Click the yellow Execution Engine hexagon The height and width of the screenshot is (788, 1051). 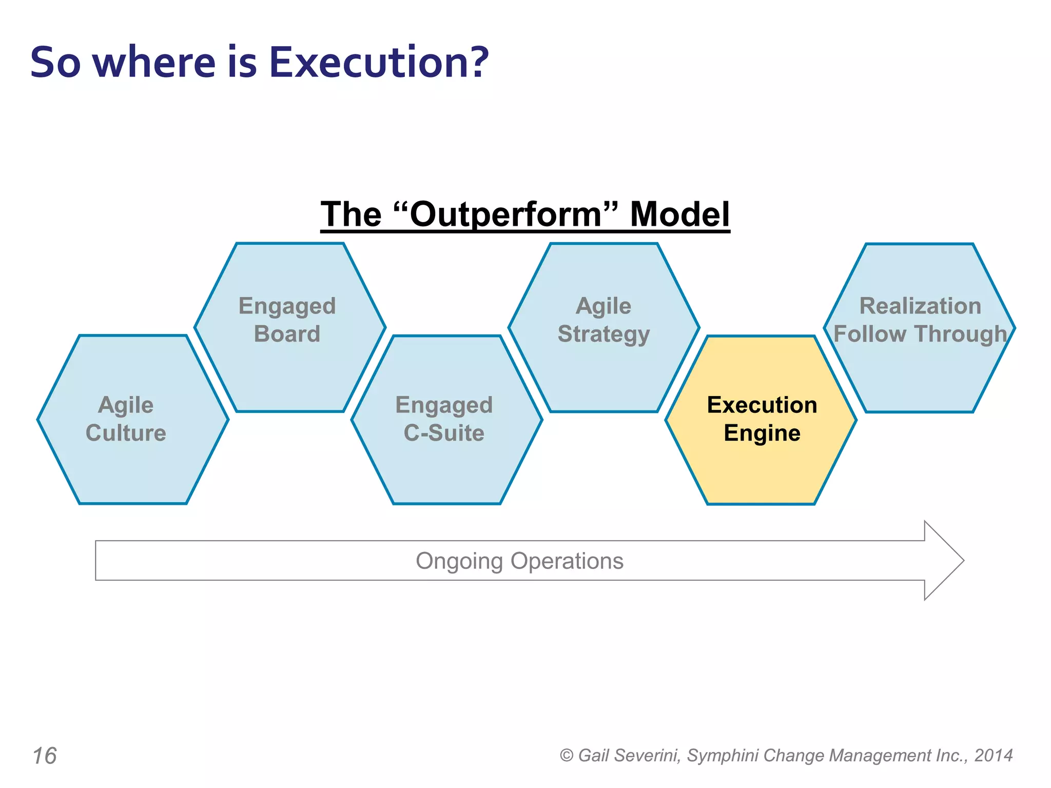(x=761, y=462)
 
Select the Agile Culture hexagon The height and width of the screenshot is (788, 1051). (x=132, y=462)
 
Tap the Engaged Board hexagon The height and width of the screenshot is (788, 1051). (x=290, y=369)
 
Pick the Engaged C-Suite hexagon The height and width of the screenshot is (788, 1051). (x=446, y=462)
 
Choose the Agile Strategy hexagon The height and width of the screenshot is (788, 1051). (x=604, y=369)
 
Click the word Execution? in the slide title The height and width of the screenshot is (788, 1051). (x=379, y=62)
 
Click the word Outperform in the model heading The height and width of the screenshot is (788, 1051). (x=505, y=214)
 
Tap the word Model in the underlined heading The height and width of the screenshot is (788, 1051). (x=679, y=214)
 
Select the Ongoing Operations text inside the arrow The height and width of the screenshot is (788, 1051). (x=519, y=561)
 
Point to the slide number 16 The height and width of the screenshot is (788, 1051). (x=45, y=756)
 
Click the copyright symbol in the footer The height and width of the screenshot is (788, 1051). (x=566, y=756)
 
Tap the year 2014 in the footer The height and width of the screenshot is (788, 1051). (x=994, y=755)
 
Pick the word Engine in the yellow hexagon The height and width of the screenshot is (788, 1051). (x=762, y=433)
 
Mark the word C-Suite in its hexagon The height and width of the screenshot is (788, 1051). (x=444, y=433)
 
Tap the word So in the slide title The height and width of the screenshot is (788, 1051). (x=55, y=62)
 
